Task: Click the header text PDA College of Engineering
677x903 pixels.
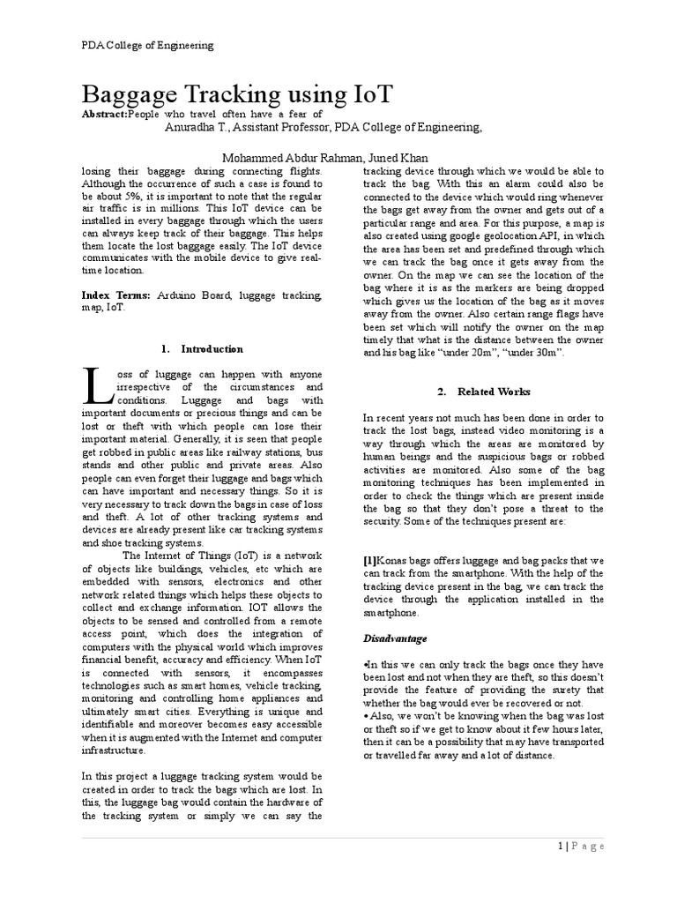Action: (148, 45)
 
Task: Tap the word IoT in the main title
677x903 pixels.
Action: (363, 94)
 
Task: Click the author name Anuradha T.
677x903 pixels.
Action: (198, 128)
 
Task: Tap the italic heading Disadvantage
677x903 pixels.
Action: (396, 637)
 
